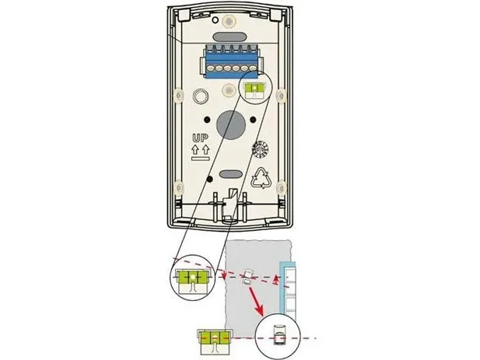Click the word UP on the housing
[200, 138]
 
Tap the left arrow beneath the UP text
[195, 149]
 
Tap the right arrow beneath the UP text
[205, 149]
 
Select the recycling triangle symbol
[261, 177]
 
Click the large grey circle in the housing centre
[231, 124]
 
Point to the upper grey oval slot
[229, 37]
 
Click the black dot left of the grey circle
[207, 119]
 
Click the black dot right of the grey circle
[253, 120]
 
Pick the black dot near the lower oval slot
[210, 178]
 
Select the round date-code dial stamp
[260, 150]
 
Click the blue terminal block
[231, 61]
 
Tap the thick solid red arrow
[256, 301]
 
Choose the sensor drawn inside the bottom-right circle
[279, 335]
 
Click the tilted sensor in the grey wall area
[247, 277]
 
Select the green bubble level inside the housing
[254, 90]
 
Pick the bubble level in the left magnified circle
[193, 281]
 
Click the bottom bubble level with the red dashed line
[215, 342]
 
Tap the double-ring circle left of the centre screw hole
[200, 96]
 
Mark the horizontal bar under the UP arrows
[200, 159]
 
